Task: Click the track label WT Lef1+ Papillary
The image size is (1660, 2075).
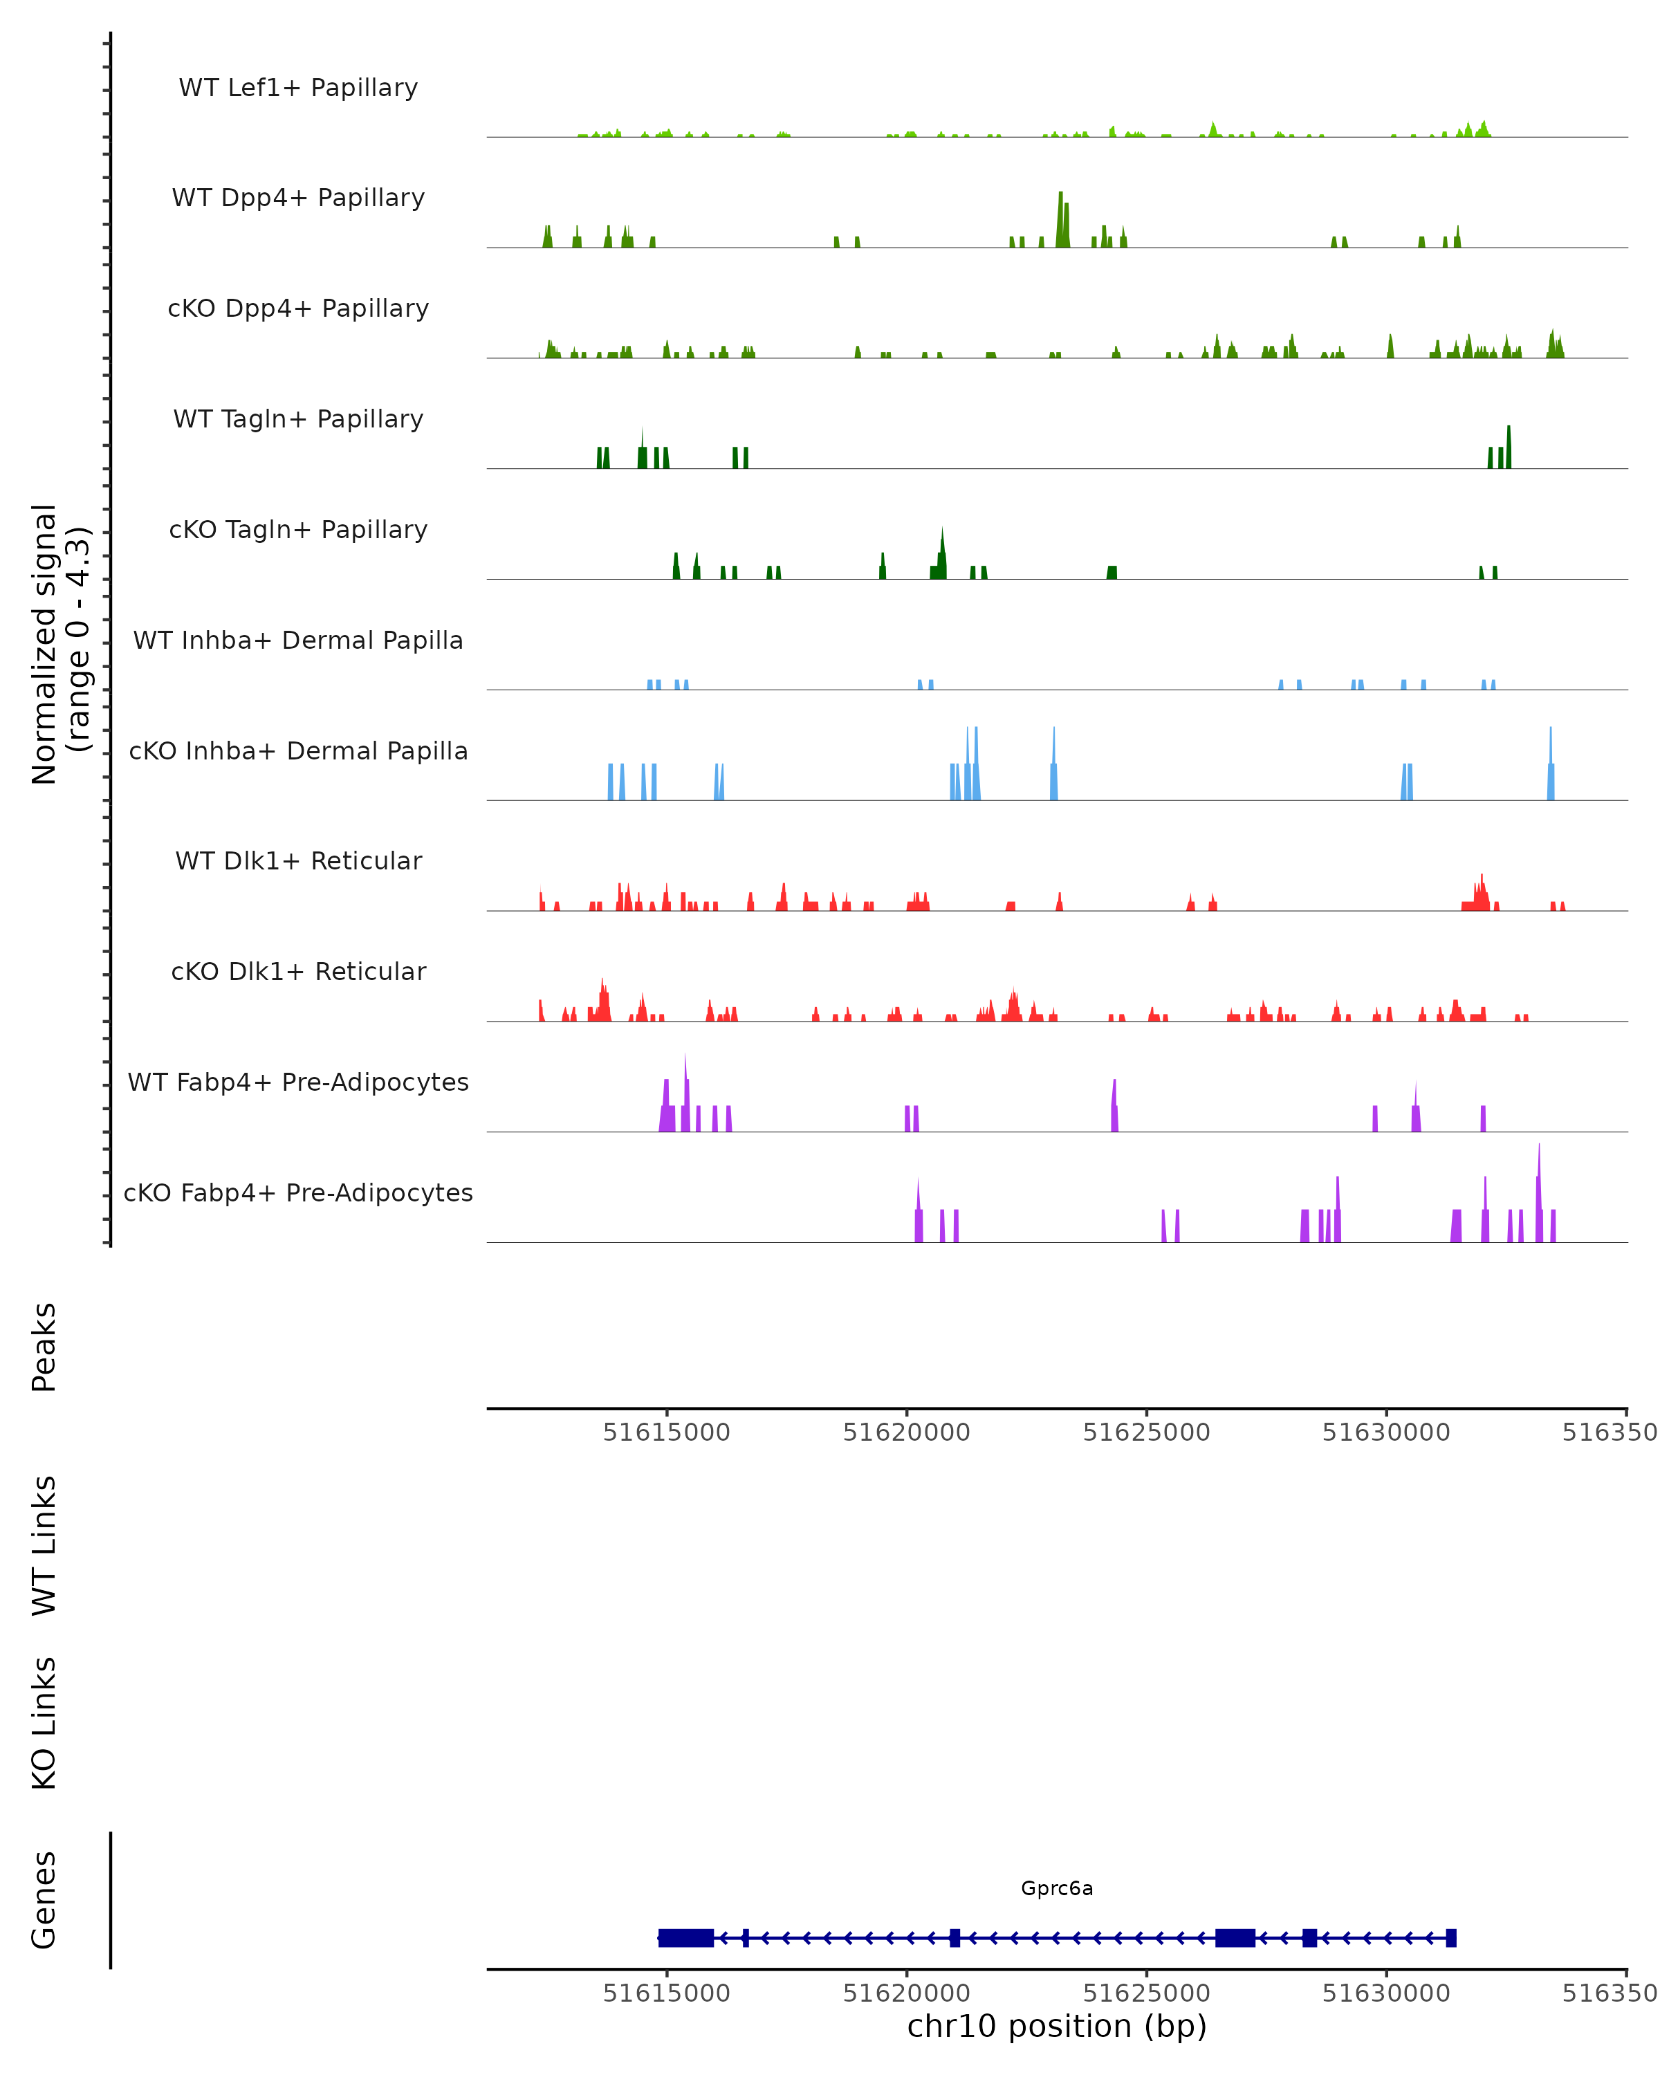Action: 298,88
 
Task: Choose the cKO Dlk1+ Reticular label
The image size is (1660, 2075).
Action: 298,971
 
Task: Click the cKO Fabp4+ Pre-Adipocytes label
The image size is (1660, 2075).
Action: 298,1192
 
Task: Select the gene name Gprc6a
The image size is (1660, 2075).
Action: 1057,1888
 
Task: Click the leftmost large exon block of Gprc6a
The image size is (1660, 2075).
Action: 685,1937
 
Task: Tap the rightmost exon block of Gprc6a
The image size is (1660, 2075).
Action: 1451,1937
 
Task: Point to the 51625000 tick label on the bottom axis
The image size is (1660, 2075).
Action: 1146,1993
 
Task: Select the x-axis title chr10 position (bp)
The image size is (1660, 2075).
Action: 1057,2026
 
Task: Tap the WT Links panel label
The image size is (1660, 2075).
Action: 44,1544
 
